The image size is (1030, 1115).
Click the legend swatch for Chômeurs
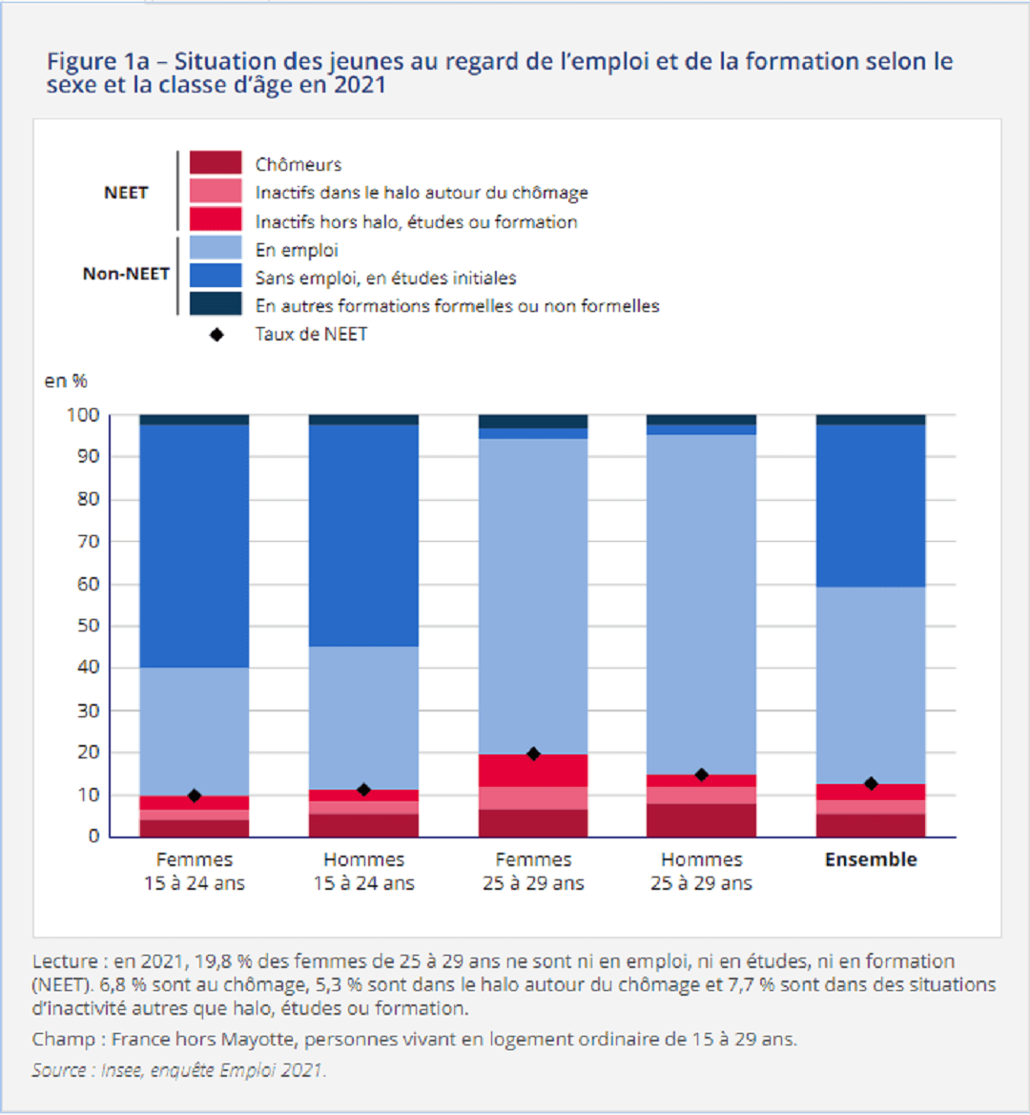[x=216, y=164]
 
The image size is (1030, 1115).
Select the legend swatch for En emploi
[x=216, y=249]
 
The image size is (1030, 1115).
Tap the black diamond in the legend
[x=216, y=335]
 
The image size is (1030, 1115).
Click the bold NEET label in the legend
[x=126, y=193]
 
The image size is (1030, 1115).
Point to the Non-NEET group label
[x=126, y=274]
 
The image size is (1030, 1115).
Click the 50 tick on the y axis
[x=88, y=626]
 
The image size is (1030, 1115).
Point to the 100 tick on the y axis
[x=84, y=415]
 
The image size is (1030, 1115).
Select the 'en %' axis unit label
[x=66, y=382]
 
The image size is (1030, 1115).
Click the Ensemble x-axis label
[x=871, y=859]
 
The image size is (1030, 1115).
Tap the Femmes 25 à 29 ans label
[x=533, y=872]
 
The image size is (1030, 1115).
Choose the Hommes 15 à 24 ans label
[x=363, y=872]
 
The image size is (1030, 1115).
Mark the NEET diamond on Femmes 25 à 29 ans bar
[x=533, y=754]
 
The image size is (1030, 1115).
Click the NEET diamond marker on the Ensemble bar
[x=871, y=783]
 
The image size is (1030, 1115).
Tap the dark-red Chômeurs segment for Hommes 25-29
[x=702, y=820]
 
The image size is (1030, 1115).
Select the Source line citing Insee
[x=179, y=1070]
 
